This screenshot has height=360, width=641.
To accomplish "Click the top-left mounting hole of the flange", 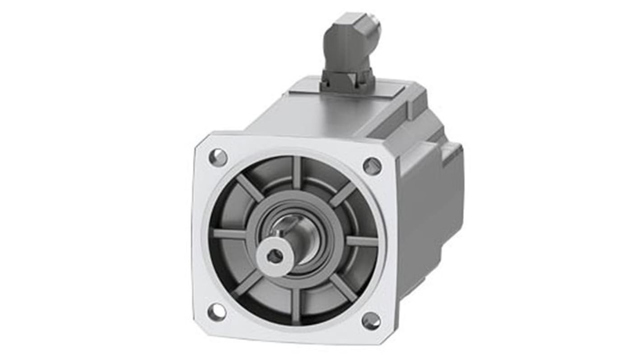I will [218, 157].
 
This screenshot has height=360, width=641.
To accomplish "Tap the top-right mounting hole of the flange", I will [372, 166].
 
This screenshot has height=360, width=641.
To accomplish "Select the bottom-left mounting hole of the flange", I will [217, 312].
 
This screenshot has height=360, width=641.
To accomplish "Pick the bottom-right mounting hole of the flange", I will [371, 320].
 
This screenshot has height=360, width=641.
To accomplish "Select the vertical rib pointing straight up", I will [297, 172].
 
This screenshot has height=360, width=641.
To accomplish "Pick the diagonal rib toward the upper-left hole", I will [250, 187].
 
